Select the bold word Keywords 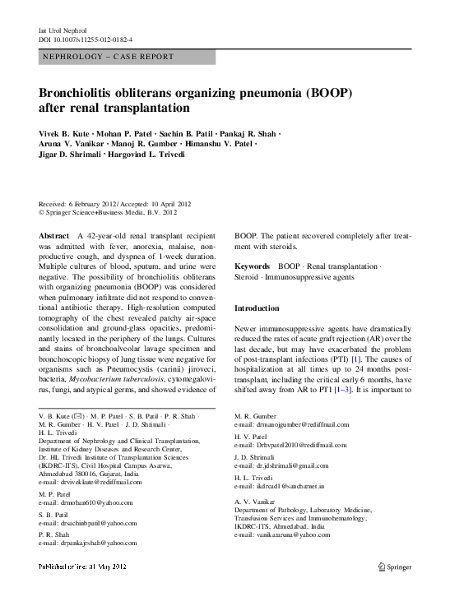click(x=252, y=266)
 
